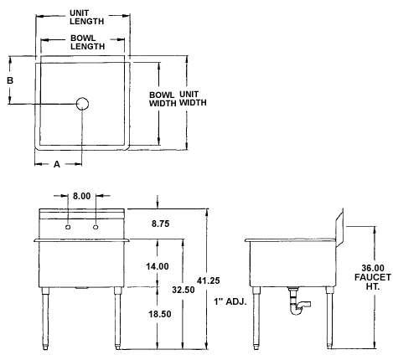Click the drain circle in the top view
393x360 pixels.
pos(82,104)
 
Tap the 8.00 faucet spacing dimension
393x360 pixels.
pos(82,196)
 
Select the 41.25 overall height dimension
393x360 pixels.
pos(209,280)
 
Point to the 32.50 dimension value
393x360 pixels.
pos(184,290)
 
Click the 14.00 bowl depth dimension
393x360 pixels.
pos(158,266)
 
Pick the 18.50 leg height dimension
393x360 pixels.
pos(160,314)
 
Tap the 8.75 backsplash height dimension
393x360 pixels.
pos(161,224)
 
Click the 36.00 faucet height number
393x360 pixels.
pos(373,268)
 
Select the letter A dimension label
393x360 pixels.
pos(57,164)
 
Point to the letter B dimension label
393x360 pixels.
pos(10,80)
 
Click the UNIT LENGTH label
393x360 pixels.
pos(86,18)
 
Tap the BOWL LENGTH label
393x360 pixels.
pos(87,42)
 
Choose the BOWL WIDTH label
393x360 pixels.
pos(163,99)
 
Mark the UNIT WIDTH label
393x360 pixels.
pos(193,99)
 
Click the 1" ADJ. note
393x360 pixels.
pos(230,301)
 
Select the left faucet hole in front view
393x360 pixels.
pos(68,227)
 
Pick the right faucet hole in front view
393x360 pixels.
pos(96,227)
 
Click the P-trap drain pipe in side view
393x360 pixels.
pos(297,302)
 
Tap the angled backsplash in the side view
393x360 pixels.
pos(339,228)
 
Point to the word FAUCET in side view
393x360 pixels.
pos(373,277)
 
